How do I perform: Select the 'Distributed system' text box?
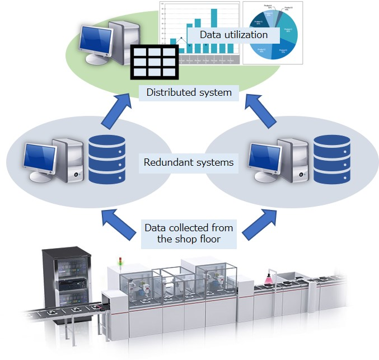pyautogui.click(x=189, y=92)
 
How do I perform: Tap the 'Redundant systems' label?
pyautogui.click(x=189, y=163)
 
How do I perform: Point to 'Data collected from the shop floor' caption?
pyautogui.click(x=189, y=233)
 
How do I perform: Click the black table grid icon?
pyautogui.click(x=155, y=61)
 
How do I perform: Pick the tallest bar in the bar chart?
pyautogui.click(x=214, y=31)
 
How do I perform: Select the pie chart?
pyautogui.click(x=272, y=32)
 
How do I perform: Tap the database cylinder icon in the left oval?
pyautogui.click(x=106, y=159)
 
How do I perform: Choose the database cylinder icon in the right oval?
pyautogui.click(x=331, y=159)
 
